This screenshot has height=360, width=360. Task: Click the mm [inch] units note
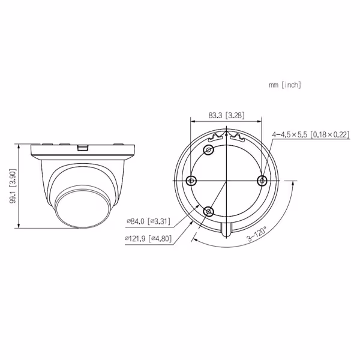tap(284, 85)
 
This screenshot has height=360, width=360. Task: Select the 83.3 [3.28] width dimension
tap(226, 115)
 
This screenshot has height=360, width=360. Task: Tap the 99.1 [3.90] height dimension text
tap(13, 186)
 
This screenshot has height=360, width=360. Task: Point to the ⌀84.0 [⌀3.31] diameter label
tap(149, 221)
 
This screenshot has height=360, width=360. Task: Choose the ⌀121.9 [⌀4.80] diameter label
tap(148, 239)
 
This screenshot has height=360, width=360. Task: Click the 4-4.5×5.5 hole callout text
tap(311, 134)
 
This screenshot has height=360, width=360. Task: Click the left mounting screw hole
tap(191, 181)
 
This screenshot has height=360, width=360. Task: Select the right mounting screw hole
tap(262, 181)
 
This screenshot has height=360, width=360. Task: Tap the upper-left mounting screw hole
tap(209, 150)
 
